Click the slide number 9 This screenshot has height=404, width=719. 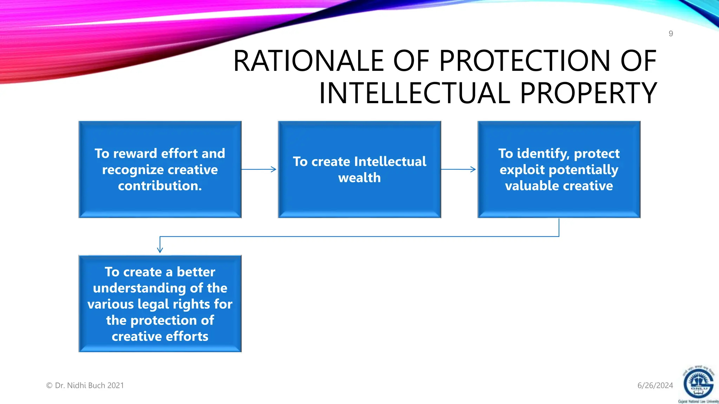[671, 34]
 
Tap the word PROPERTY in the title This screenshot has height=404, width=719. [588, 93]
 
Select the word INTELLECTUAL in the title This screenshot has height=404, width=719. [414, 93]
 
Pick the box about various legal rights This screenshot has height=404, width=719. [160, 304]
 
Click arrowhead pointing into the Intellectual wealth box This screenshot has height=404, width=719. [273, 169]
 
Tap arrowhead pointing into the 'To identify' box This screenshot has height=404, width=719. [473, 169]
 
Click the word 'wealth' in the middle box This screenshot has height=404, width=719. [359, 178]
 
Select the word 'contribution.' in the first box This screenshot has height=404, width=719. [160, 186]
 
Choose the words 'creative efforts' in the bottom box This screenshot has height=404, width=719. [160, 336]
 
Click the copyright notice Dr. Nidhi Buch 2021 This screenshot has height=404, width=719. [85, 385]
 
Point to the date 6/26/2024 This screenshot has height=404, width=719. [655, 385]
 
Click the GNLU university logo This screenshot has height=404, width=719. [698, 384]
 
